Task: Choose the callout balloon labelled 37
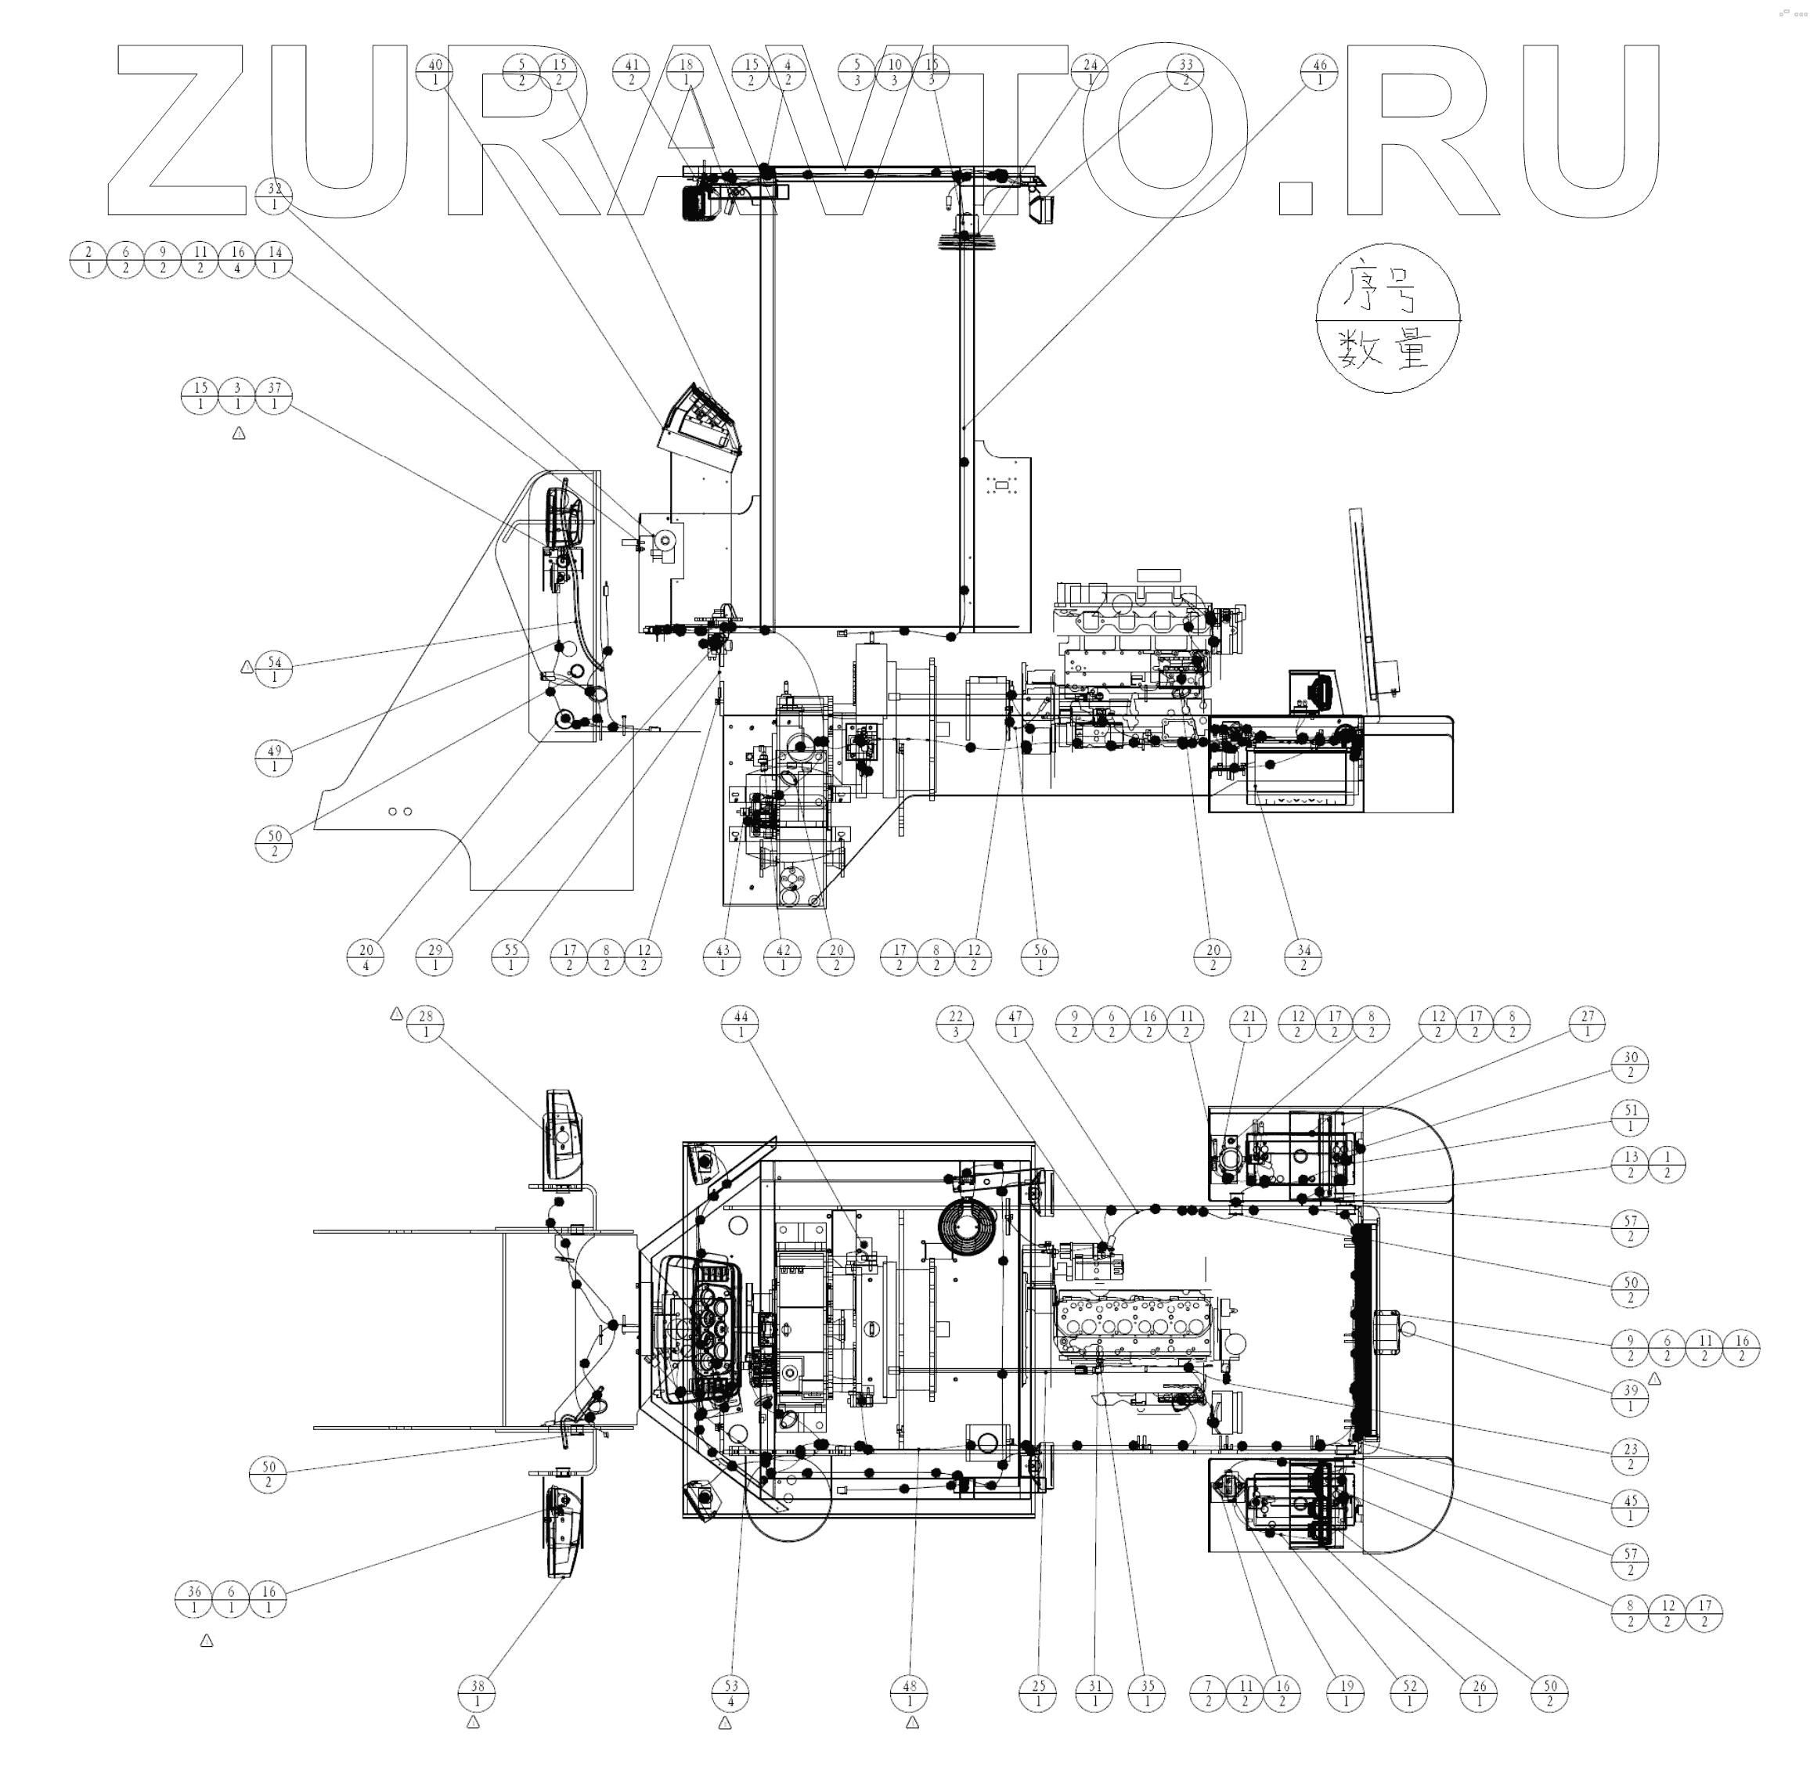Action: pos(274,396)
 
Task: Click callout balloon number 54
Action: pos(274,670)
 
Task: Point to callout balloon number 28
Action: pos(427,1024)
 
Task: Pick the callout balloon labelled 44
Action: pos(741,1024)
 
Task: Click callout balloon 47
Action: pos(1015,1024)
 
